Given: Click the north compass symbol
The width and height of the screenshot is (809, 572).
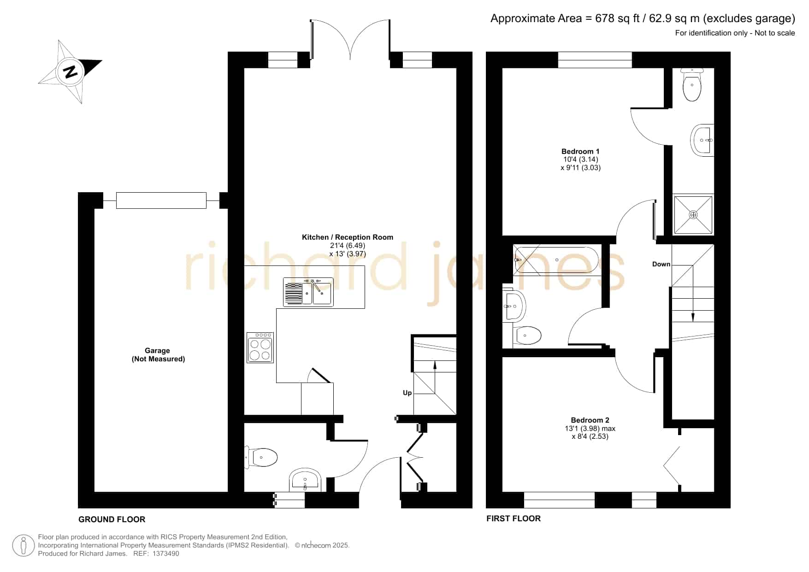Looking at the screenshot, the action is pos(70,72).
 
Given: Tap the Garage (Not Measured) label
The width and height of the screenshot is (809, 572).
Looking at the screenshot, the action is pos(158,355).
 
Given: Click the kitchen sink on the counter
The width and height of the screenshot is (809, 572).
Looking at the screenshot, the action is pos(308,292).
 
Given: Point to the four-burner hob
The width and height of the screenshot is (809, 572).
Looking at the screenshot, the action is pos(260,348).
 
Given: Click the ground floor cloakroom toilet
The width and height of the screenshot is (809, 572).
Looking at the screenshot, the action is pos(261,457).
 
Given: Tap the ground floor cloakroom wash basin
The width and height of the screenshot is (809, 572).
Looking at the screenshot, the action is pos(305,480).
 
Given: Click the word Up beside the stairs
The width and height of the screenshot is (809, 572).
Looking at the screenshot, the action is pos(407,393).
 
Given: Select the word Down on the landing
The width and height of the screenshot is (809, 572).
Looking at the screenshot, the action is pos(661,264).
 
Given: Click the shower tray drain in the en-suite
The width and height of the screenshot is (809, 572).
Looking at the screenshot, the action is pos(693,215).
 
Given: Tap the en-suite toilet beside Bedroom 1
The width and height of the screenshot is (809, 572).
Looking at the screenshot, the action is pos(692,85).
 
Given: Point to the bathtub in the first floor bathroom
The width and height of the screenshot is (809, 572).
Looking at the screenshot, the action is pos(556,260).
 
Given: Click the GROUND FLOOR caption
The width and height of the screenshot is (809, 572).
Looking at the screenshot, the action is pos(112,519).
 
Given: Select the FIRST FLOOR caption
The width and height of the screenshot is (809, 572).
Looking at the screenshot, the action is pos(514,519).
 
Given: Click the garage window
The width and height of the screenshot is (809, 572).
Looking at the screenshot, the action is pos(161,200).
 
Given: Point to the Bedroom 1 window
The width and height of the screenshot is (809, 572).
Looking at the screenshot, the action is pos(595,60).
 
